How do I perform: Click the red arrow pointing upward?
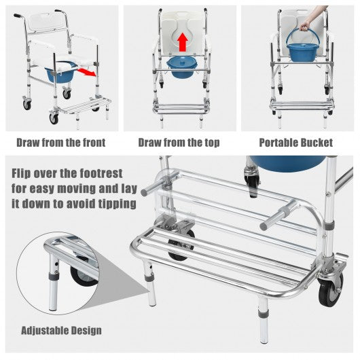183,42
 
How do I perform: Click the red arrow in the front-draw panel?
86,71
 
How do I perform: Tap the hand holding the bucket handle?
305,26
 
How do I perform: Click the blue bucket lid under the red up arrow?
182,63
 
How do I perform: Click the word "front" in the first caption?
94,143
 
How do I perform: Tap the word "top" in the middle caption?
211,143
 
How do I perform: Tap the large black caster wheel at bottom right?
330,289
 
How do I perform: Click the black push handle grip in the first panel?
17,16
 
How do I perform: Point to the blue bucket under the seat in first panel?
60,74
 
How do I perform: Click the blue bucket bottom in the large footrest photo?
287,162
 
